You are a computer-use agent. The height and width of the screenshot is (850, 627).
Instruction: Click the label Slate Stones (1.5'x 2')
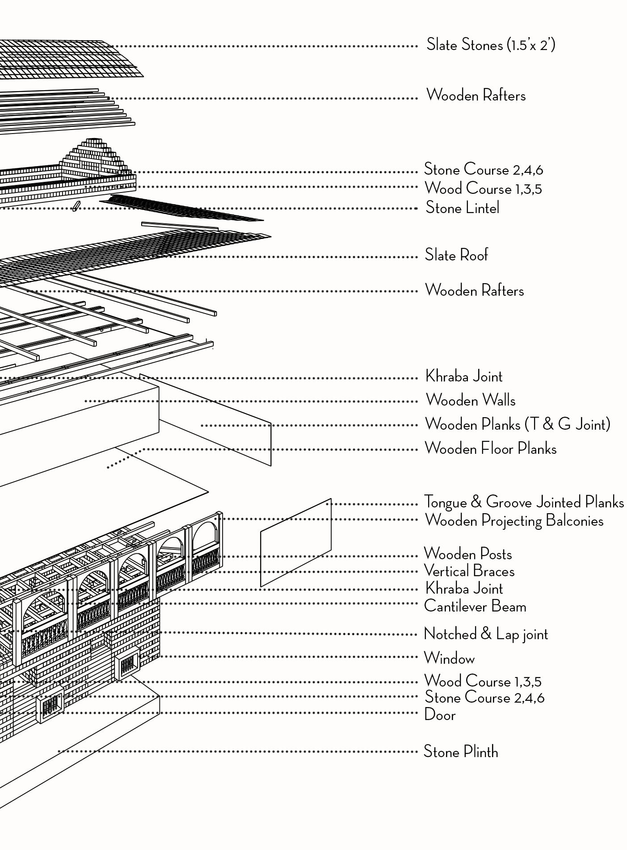click(x=490, y=45)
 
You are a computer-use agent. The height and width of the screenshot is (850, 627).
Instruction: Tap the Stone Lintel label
click(x=462, y=208)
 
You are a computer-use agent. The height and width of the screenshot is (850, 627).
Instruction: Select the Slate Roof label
click(x=456, y=255)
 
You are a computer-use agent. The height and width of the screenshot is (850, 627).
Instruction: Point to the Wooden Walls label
click(x=470, y=400)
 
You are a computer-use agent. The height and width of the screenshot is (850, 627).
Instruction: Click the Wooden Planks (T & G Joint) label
click(x=517, y=424)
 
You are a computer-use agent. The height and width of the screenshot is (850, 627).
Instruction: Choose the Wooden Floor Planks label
click(x=490, y=448)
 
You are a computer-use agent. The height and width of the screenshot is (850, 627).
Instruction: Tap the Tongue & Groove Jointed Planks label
click(x=523, y=502)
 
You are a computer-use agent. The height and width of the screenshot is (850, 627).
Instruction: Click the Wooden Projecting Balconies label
click(x=513, y=521)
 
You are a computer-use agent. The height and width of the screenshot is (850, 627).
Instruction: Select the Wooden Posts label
click(x=467, y=554)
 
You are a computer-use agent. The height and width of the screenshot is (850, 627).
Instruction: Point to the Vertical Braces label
click(x=469, y=571)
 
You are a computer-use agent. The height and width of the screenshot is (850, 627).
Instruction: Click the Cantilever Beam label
click(x=475, y=607)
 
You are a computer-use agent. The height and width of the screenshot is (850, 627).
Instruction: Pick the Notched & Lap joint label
click(x=485, y=634)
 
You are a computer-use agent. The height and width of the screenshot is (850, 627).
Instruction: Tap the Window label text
click(x=449, y=658)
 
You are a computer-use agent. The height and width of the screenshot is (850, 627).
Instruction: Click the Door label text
click(x=440, y=715)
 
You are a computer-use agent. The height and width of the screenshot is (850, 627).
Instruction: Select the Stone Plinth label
click(x=460, y=752)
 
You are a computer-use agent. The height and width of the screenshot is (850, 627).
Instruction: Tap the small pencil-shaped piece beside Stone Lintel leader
click(x=76, y=206)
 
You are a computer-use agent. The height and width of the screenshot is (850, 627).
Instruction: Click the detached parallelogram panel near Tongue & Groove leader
click(x=296, y=542)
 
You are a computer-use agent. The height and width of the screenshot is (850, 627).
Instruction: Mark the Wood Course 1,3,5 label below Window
click(x=482, y=681)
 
